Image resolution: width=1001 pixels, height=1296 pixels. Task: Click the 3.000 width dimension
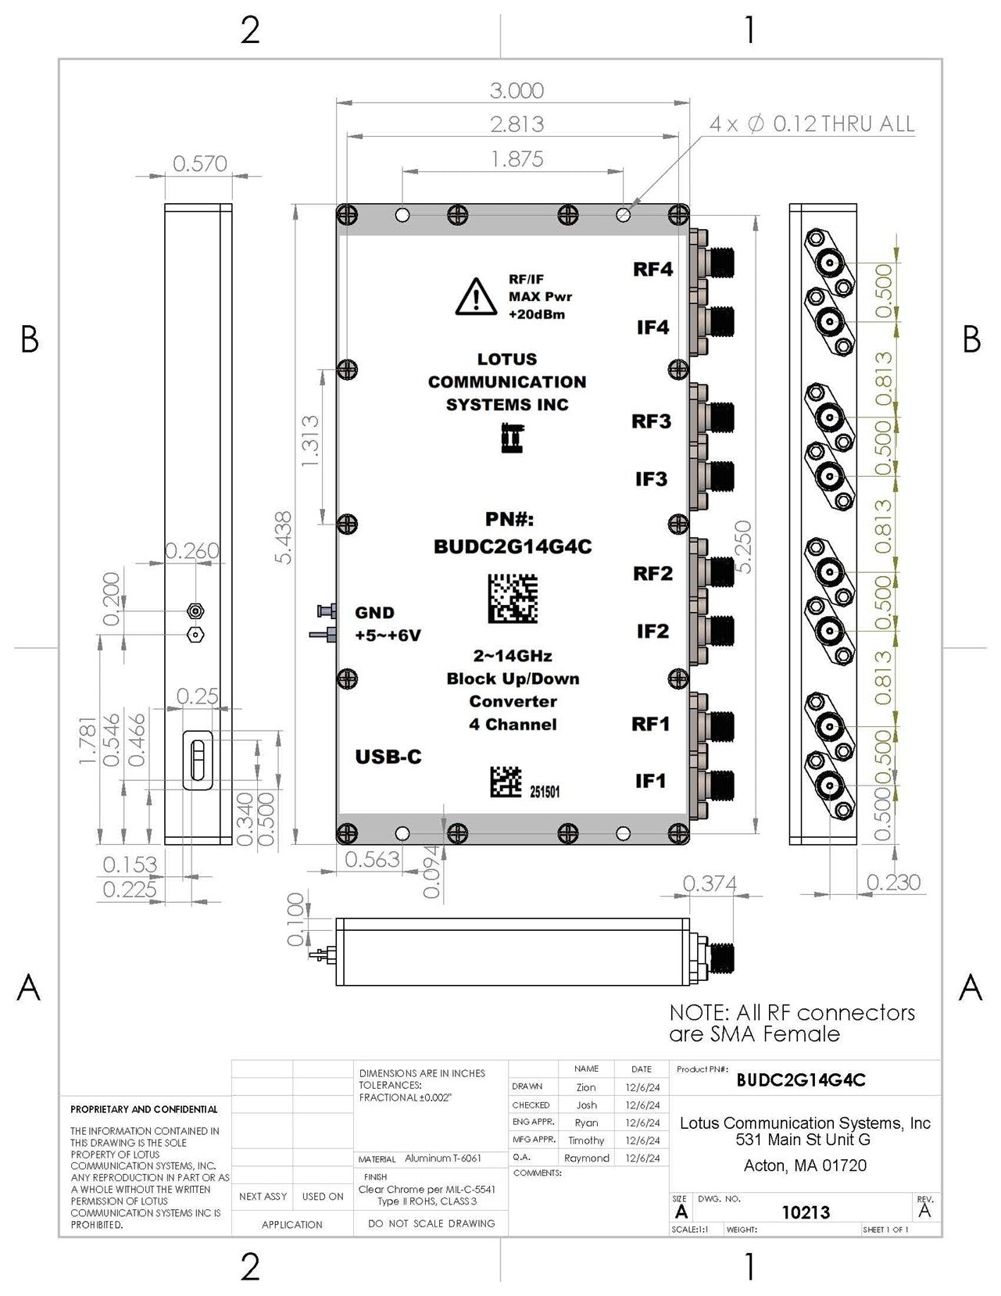click(517, 91)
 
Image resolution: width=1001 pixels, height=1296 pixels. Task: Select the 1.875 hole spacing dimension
click(517, 159)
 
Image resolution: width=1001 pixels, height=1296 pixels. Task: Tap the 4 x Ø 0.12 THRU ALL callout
click(811, 124)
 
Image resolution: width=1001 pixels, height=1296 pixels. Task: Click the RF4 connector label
click(652, 270)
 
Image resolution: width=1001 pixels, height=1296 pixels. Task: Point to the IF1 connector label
click(650, 780)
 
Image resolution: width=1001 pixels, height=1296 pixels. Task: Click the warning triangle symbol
click(476, 297)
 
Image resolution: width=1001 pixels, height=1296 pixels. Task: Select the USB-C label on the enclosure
click(388, 757)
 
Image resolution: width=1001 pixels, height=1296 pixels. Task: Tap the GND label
click(374, 613)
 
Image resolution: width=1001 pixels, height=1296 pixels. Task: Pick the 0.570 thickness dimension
click(200, 164)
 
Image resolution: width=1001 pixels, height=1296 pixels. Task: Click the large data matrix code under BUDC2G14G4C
click(513, 599)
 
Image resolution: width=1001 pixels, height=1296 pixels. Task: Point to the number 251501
click(545, 792)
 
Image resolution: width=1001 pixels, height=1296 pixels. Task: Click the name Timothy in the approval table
click(586, 1140)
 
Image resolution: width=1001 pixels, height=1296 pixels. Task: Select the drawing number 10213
click(806, 1212)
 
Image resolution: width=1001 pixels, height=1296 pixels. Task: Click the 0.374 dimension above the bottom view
click(710, 883)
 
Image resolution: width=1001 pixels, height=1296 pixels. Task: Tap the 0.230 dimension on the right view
click(893, 882)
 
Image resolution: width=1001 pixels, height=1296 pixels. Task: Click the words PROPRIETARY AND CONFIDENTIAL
click(144, 1109)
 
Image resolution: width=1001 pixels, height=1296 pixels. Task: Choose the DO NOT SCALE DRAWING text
click(431, 1223)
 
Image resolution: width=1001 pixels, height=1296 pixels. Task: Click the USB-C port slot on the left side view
click(198, 761)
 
